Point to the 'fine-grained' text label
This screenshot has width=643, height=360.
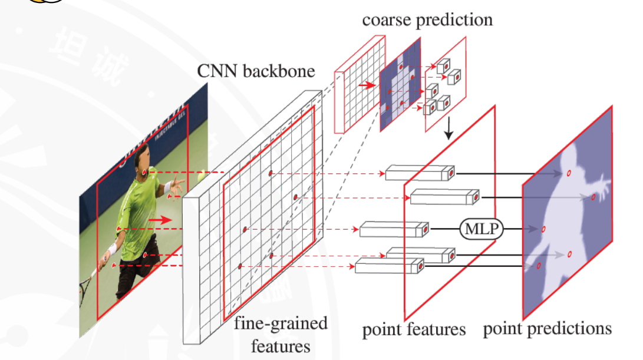281,323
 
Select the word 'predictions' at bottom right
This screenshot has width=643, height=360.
575,328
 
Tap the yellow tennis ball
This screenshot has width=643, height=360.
202,175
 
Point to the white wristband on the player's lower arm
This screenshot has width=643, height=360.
112,249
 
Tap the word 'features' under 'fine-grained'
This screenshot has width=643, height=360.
281,345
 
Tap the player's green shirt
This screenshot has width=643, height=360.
138,200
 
